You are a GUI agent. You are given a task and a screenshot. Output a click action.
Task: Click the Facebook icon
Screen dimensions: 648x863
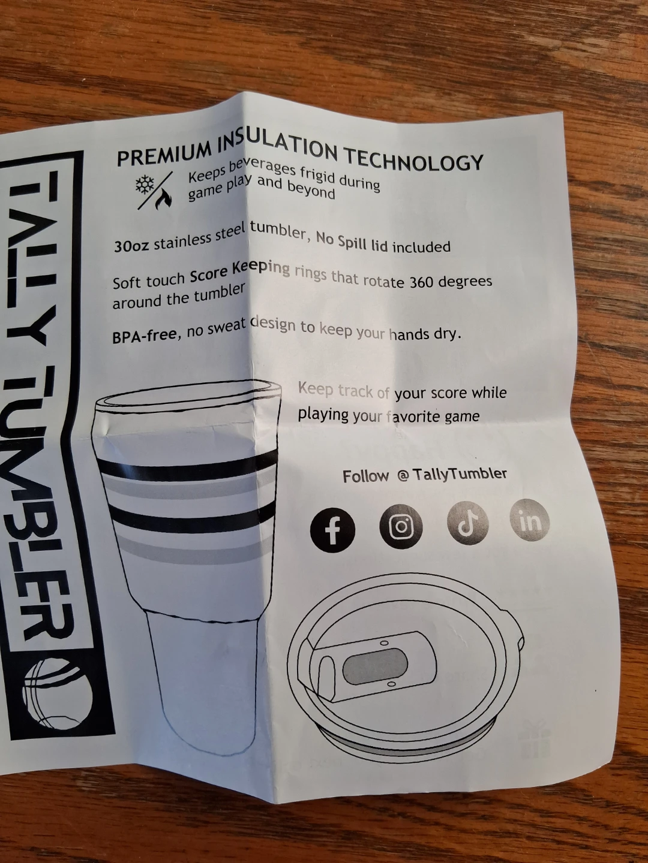(332, 529)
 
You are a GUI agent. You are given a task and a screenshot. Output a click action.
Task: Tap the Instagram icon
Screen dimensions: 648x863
(401, 526)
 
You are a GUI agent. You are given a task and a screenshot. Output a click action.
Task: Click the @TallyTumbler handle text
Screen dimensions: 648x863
(452, 474)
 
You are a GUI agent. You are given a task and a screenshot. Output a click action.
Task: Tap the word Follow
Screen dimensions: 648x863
(366, 476)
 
